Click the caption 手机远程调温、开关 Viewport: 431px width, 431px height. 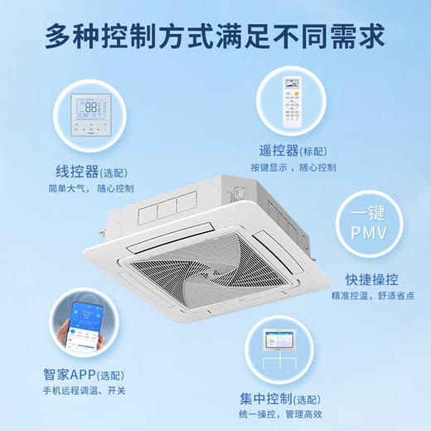point(86,390)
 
